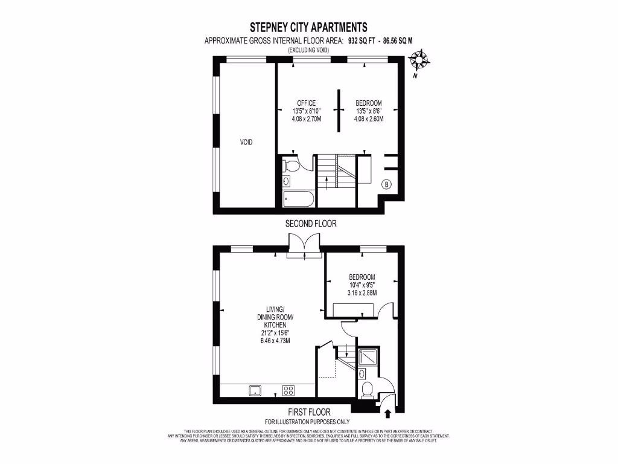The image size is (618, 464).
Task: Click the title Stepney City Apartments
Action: (x=308, y=27)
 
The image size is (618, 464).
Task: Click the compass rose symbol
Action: (x=419, y=60)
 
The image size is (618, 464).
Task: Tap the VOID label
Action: (x=246, y=142)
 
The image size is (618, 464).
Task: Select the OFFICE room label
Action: (x=306, y=103)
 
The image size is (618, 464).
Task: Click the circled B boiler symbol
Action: (x=387, y=184)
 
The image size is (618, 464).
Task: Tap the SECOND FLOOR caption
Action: (x=311, y=224)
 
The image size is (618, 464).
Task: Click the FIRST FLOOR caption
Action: (x=309, y=412)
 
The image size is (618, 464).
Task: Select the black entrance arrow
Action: (x=387, y=413)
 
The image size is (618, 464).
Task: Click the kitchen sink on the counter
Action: (x=255, y=391)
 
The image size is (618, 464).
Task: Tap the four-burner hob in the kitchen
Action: (x=288, y=391)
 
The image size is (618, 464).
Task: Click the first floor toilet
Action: (x=368, y=389)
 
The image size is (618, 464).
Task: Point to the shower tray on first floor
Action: (x=368, y=358)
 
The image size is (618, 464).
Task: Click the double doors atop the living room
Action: (x=304, y=246)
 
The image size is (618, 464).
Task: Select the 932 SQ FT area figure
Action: (x=362, y=40)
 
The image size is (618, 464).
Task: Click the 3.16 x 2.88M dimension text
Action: (x=362, y=293)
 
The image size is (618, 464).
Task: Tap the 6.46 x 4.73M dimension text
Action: (x=275, y=341)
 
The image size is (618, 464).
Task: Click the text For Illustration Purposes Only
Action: (x=307, y=422)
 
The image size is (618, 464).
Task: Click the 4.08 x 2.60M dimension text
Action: (x=369, y=119)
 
